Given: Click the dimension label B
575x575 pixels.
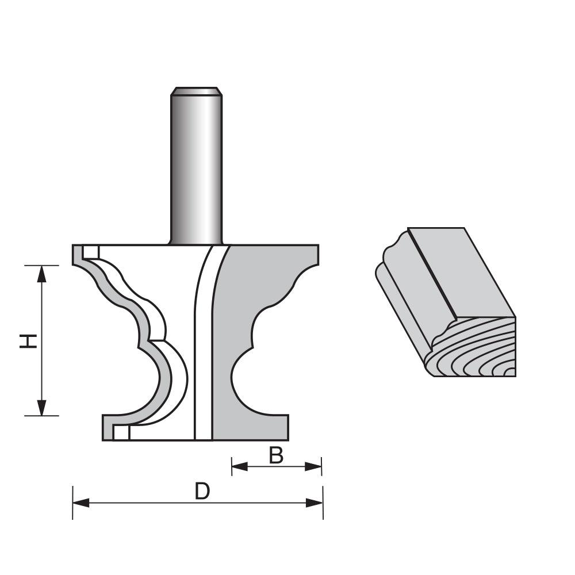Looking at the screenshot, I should click(277, 455).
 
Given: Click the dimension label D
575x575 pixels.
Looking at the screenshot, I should click(201, 492).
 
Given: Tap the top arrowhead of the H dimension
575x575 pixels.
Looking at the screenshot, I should click(41, 273).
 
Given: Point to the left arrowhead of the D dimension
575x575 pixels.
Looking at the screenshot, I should click(81, 503).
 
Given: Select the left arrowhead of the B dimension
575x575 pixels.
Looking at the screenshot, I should click(239, 466).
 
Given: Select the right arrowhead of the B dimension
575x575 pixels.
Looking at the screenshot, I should click(313, 466).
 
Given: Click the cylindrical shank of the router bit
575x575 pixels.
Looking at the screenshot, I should click(196, 167).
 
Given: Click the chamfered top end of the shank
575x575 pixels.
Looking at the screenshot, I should click(196, 90).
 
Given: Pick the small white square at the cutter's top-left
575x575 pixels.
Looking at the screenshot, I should click(90, 252).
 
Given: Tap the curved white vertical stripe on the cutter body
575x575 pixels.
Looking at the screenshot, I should click(203, 345).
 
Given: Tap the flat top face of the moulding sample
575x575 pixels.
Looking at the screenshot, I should click(460, 270).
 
